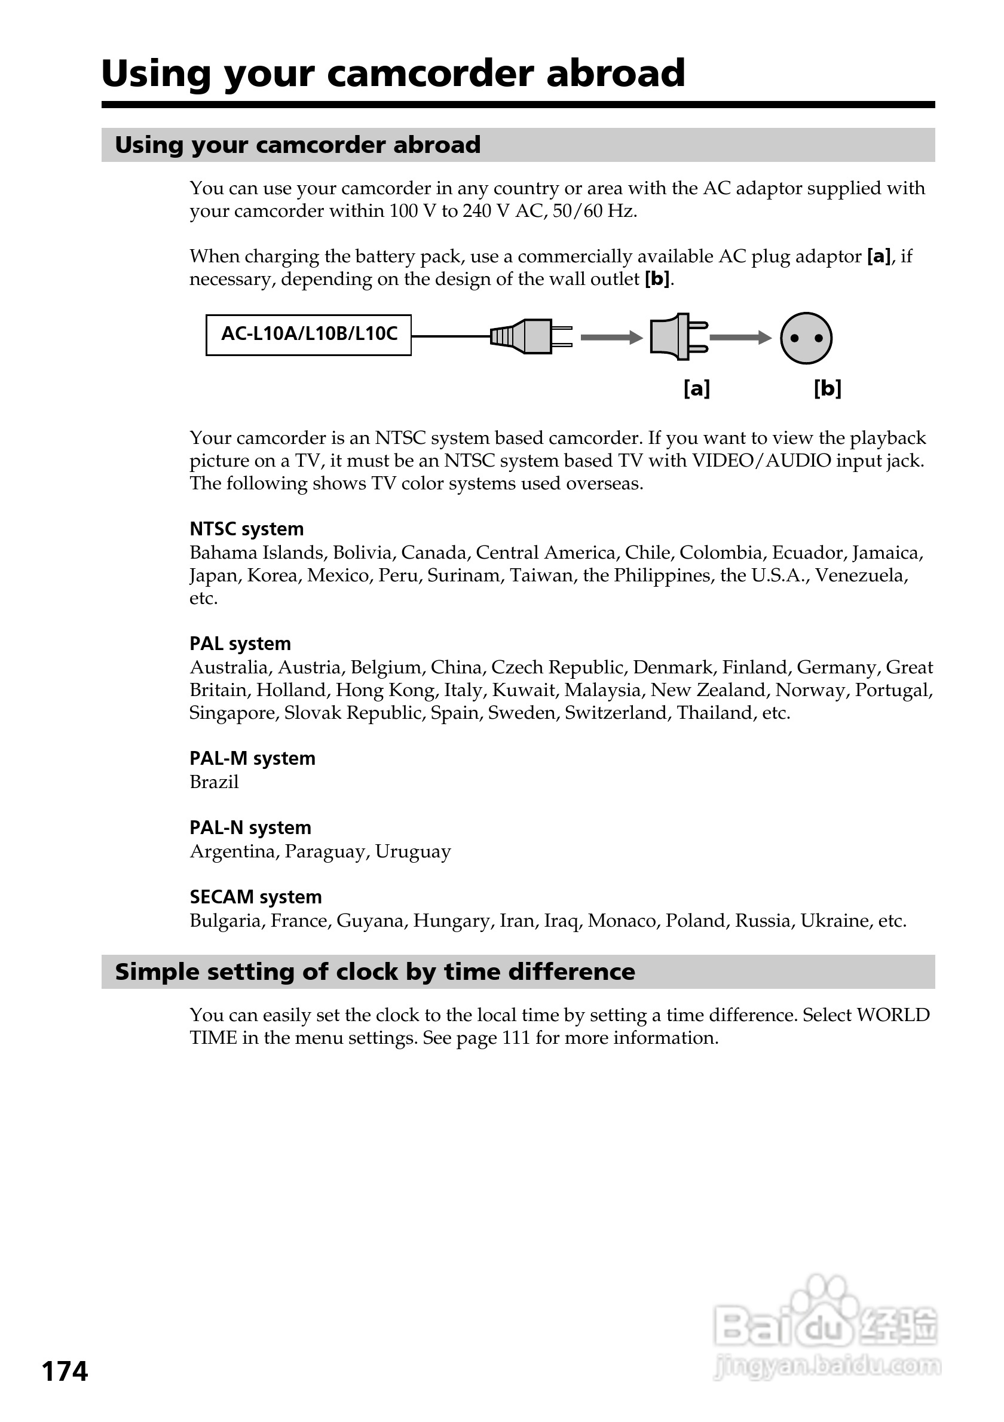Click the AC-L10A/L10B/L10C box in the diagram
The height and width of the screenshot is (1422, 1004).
coord(308,335)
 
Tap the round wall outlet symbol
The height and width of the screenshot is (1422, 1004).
coord(806,338)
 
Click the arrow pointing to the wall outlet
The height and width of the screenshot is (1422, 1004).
coord(740,338)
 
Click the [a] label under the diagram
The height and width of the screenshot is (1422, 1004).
coord(697,389)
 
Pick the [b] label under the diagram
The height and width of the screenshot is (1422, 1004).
coord(828,389)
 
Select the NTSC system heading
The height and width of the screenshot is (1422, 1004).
coord(246,529)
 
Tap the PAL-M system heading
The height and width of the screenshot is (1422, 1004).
coord(252,758)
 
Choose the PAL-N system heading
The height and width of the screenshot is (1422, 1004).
coord(250,828)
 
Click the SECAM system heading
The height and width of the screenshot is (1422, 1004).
coord(255,897)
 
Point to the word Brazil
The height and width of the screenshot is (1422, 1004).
coord(214,782)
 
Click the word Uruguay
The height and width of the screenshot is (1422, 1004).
coord(413,851)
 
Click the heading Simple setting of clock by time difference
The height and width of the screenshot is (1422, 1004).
coord(375,972)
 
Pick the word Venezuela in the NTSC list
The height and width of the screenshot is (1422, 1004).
coord(861,575)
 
